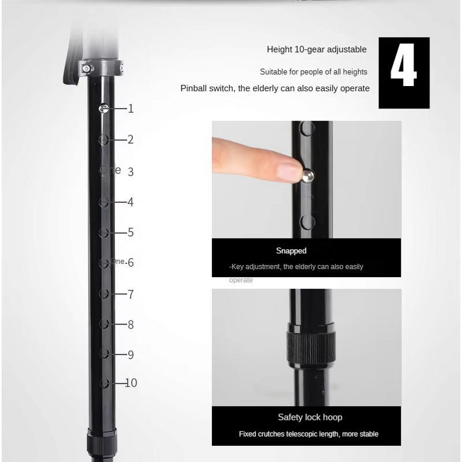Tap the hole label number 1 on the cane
[x=131, y=109]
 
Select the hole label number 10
[x=131, y=383]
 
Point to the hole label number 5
[x=131, y=232]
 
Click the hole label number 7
[x=131, y=295]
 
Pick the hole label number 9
[x=131, y=355]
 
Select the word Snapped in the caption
[x=291, y=251]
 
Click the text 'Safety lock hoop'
[x=310, y=417]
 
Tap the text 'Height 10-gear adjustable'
[x=316, y=50]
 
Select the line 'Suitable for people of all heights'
[x=314, y=72]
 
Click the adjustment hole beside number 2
[x=104, y=139]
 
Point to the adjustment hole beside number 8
[x=104, y=323]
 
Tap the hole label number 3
[x=131, y=172]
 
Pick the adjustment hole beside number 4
[x=104, y=202]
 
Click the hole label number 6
[x=131, y=263]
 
